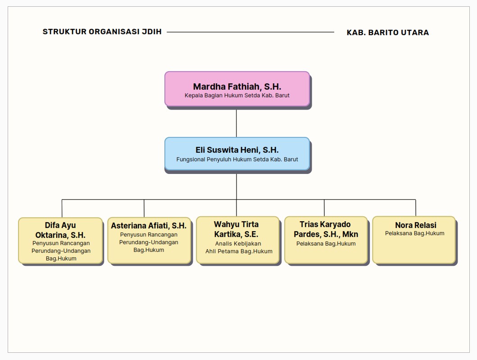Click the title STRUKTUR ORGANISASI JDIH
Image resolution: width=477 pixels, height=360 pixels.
pos(102,32)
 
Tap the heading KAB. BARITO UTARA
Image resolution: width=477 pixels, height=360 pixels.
pos(387,32)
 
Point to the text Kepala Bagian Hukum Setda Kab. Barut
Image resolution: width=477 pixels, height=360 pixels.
pos(237,96)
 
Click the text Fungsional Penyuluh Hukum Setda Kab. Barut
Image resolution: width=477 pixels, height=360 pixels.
pos(237,159)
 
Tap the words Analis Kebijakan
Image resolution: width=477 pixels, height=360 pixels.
pos(238,244)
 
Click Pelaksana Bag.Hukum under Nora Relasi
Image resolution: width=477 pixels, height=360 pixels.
pos(414,233)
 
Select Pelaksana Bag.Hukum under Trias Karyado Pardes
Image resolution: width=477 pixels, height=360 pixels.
pos(326,244)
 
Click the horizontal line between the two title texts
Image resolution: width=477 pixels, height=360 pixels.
pos(250,32)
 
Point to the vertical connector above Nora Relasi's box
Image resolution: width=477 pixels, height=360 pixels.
pos(415,208)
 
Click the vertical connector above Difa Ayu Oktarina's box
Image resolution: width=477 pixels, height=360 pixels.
pos(62,208)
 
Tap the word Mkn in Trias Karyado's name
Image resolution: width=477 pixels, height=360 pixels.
pos(350,234)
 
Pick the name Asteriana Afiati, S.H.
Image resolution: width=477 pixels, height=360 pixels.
pos(149,226)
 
